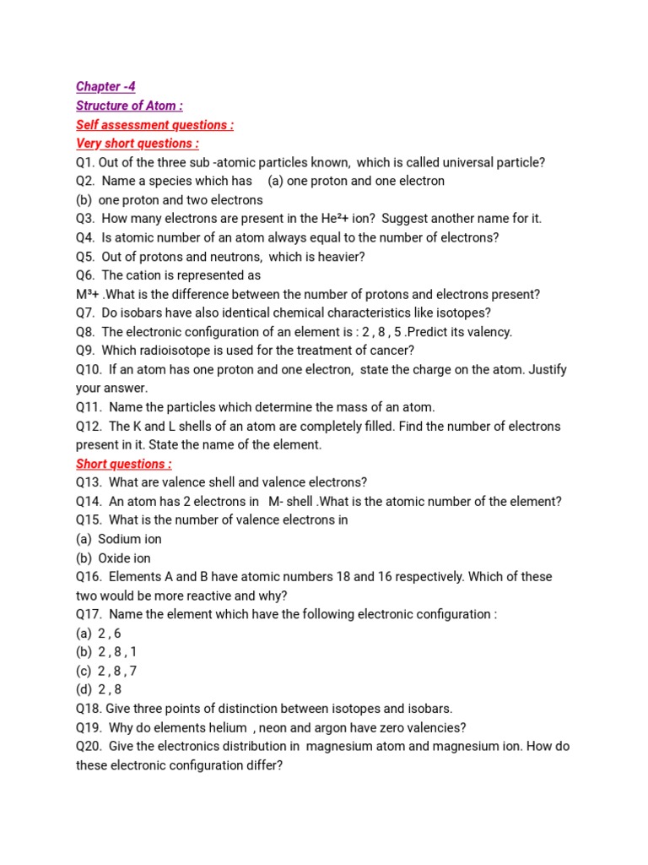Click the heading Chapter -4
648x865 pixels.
pyautogui.click(x=105, y=87)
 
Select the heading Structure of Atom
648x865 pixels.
pyautogui.click(x=129, y=106)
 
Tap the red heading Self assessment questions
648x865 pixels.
pyautogui.click(x=154, y=125)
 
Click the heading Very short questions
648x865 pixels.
pyautogui.click(x=138, y=144)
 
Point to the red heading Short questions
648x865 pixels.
pyautogui.click(x=124, y=464)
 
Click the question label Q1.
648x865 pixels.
pyautogui.click(x=84, y=162)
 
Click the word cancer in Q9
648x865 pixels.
pyautogui.click(x=390, y=351)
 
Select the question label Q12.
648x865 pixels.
pyautogui.click(x=89, y=427)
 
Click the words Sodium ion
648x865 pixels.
pyautogui.click(x=130, y=539)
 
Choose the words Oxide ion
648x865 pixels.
pyautogui.click(x=125, y=558)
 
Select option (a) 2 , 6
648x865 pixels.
pyautogui.click(x=99, y=633)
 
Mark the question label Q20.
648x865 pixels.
pyautogui.click(x=89, y=747)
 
